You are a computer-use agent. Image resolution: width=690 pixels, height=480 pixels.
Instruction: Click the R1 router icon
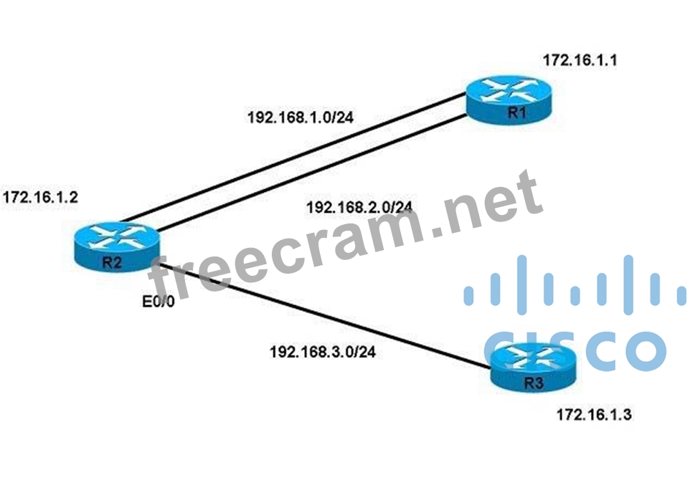[x=508, y=102]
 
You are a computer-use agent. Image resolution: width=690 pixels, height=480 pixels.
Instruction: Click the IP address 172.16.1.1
[x=580, y=60]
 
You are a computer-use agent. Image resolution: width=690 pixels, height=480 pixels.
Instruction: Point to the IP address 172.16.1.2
[x=40, y=196]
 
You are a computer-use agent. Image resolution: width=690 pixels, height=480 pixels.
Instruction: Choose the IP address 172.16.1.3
[x=594, y=414]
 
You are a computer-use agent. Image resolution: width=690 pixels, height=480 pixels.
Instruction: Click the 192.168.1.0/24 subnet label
[x=299, y=117]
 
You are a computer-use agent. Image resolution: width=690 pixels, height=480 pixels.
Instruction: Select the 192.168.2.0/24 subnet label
[x=359, y=208]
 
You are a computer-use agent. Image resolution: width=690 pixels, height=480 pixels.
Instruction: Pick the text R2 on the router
[x=111, y=261]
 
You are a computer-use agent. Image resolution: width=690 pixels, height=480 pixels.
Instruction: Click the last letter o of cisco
[x=641, y=349]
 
